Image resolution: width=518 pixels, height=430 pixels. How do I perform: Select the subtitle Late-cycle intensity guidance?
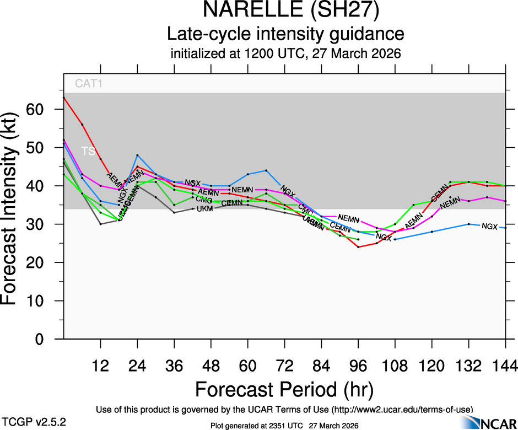click(285, 34)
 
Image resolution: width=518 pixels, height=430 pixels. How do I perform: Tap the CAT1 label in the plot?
click(89, 84)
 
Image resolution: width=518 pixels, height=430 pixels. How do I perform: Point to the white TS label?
click(88, 150)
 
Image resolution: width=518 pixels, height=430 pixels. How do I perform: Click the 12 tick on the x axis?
click(100, 365)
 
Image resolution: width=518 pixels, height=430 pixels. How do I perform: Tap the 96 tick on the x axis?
click(358, 365)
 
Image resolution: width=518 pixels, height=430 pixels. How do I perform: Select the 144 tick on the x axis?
click(505, 365)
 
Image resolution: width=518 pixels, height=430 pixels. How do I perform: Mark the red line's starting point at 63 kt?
click(64, 98)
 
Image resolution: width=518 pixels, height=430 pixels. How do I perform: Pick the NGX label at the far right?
click(489, 227)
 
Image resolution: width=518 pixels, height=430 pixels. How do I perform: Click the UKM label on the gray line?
click(204, 208)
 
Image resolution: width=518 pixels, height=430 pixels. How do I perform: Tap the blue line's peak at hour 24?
click(137, 155)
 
